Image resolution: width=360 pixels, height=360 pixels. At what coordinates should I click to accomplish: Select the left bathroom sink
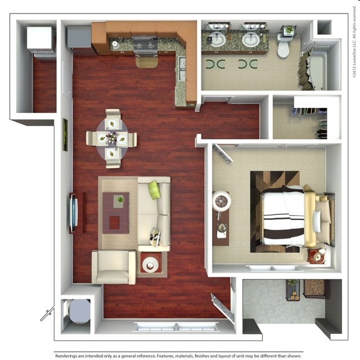[217, 39]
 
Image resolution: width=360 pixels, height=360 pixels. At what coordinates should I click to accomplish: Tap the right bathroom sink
[251, 39]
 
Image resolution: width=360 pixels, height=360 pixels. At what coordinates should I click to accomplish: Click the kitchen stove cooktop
[145, 43]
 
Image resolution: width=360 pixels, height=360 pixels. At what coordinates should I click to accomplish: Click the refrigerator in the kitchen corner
[79, 38]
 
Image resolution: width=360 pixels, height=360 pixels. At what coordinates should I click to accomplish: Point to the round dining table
[112, 138]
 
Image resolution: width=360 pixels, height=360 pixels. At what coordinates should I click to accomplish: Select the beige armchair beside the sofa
[113, 267]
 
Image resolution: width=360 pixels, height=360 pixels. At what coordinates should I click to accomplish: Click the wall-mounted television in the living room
[72, 212]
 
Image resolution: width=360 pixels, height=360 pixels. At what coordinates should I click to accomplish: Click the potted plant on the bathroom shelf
[289, 30]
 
